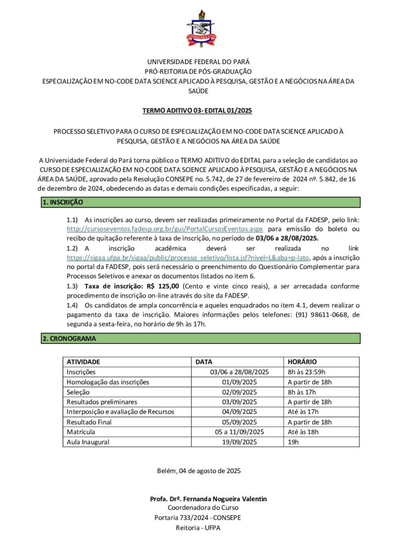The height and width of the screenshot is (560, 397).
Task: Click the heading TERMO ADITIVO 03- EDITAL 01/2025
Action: click(x=198, y=110)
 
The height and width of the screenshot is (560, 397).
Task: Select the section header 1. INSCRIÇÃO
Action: click(x=62, y=202)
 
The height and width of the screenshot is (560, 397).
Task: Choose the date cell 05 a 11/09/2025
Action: click(x=240, y=431)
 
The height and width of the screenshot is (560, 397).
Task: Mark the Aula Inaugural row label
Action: click(x=88, y=441)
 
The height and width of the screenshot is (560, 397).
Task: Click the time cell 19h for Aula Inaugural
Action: click(x=293, y=441)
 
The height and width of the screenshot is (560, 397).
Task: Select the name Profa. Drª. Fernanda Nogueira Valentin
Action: click(x=208, y=500)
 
